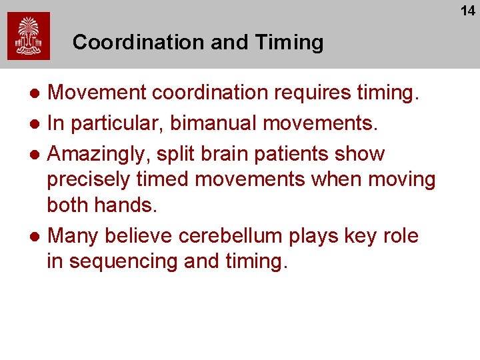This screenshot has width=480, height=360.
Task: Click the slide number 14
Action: (x=467, y=11)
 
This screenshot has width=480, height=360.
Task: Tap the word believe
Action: (x=133, y=236)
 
